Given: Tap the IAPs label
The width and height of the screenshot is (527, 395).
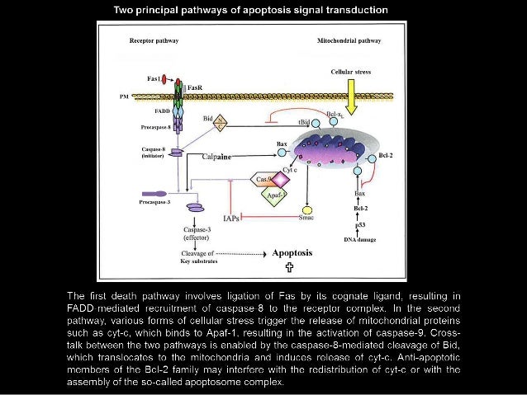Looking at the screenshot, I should [233, 218].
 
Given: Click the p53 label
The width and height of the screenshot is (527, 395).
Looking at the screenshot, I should [359, 224].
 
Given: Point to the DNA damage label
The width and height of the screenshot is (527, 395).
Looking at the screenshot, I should [359, 239].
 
